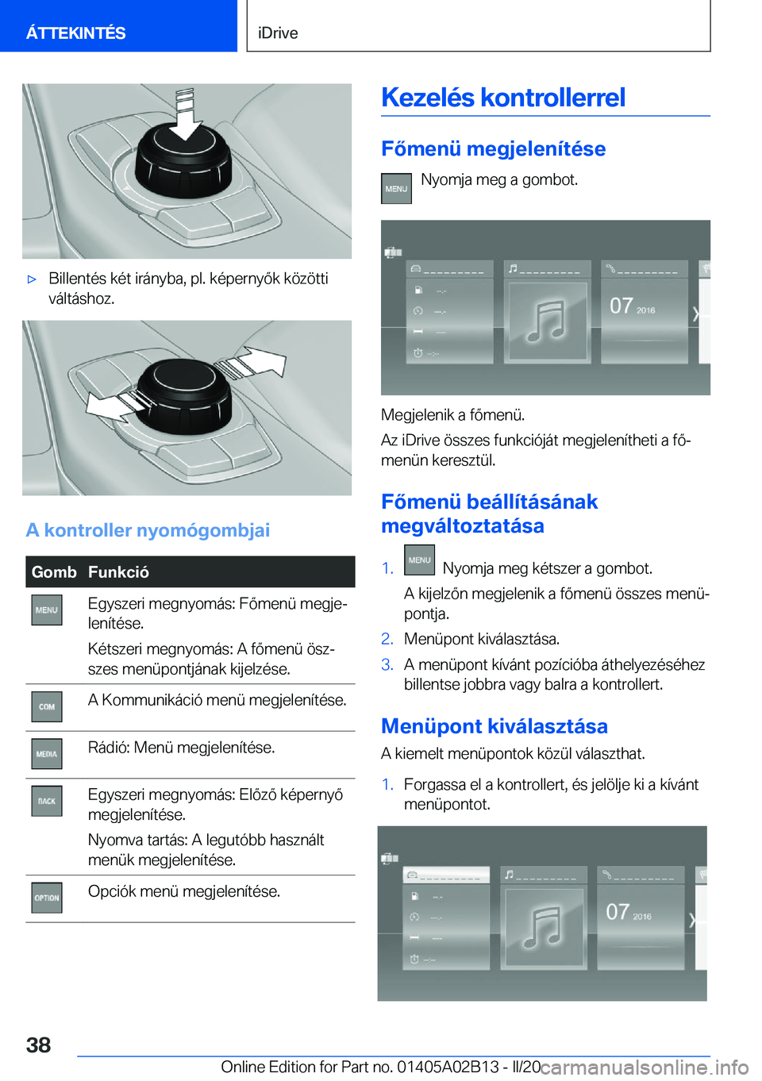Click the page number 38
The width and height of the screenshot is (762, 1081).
point(38,1045)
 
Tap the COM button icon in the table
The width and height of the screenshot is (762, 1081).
point(47,706)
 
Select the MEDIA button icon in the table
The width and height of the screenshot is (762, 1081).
point(47,754)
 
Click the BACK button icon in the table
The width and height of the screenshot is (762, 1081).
point(47,801)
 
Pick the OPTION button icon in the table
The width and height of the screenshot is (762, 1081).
point(47,898)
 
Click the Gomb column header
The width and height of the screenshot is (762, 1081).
point(54,572)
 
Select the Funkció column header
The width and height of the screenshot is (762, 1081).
point(118,572)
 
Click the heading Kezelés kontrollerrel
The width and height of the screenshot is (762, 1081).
point(503,97)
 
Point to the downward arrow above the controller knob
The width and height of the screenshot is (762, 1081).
point(187,114)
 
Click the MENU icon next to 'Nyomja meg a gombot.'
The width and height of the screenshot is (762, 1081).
point(396,188)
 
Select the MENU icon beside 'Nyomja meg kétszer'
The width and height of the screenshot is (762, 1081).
point(419,560)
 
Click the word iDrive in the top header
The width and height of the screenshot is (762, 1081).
point(278,33)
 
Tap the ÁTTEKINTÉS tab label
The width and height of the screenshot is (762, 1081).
point(75,33)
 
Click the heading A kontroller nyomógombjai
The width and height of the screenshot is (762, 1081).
point(148,530)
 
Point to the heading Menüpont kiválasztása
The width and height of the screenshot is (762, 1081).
point(495,725)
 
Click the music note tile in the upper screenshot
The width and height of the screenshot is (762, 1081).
point(547,320)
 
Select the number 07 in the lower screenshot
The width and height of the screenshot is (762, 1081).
point(618,912)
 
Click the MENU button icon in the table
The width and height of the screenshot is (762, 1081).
point(47,610)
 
